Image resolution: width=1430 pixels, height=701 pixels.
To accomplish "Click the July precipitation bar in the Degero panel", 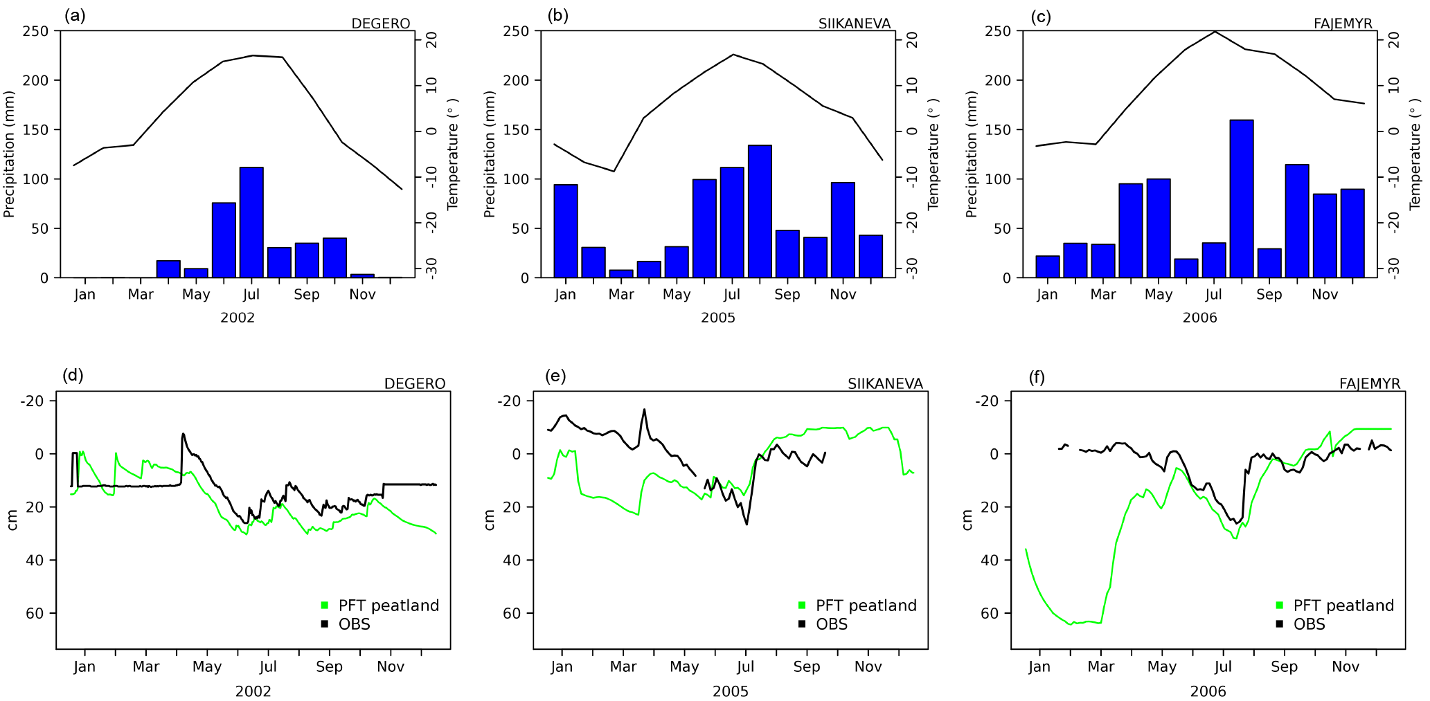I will coord(251,223).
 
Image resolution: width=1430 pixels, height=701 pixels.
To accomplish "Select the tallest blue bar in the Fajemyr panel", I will coord(1242,199).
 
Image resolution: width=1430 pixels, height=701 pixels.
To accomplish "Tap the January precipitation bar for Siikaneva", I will coord(566,231).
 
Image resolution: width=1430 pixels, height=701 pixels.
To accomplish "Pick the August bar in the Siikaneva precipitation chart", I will coord(760,212).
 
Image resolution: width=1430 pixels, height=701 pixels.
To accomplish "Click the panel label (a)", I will coord(75,16).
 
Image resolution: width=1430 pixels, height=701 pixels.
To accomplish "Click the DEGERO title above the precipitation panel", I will coord(380,24).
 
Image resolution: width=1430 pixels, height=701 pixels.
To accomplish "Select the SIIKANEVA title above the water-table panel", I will coord(885,383).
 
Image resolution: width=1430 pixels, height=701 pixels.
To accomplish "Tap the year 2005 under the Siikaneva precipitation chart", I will coord(718,318).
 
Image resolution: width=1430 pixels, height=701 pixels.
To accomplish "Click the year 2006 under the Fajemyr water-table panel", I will coord(1208,691).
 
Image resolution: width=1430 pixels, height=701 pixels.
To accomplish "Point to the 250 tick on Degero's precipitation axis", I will coord(35,31).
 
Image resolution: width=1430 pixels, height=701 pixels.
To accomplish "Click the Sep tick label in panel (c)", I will coord(1269,295).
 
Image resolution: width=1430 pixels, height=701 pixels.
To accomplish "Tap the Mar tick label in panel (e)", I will coord(623,666).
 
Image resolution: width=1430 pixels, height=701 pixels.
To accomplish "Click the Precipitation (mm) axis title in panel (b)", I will coord(490,154).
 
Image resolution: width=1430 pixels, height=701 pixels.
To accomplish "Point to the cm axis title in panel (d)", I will coord(12,520).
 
